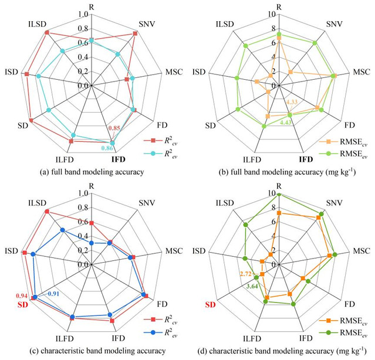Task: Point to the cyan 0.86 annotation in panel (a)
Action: click(107, 148)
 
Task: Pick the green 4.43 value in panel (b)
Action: click(287, 123)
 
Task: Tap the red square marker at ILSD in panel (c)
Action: click(46, 211)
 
